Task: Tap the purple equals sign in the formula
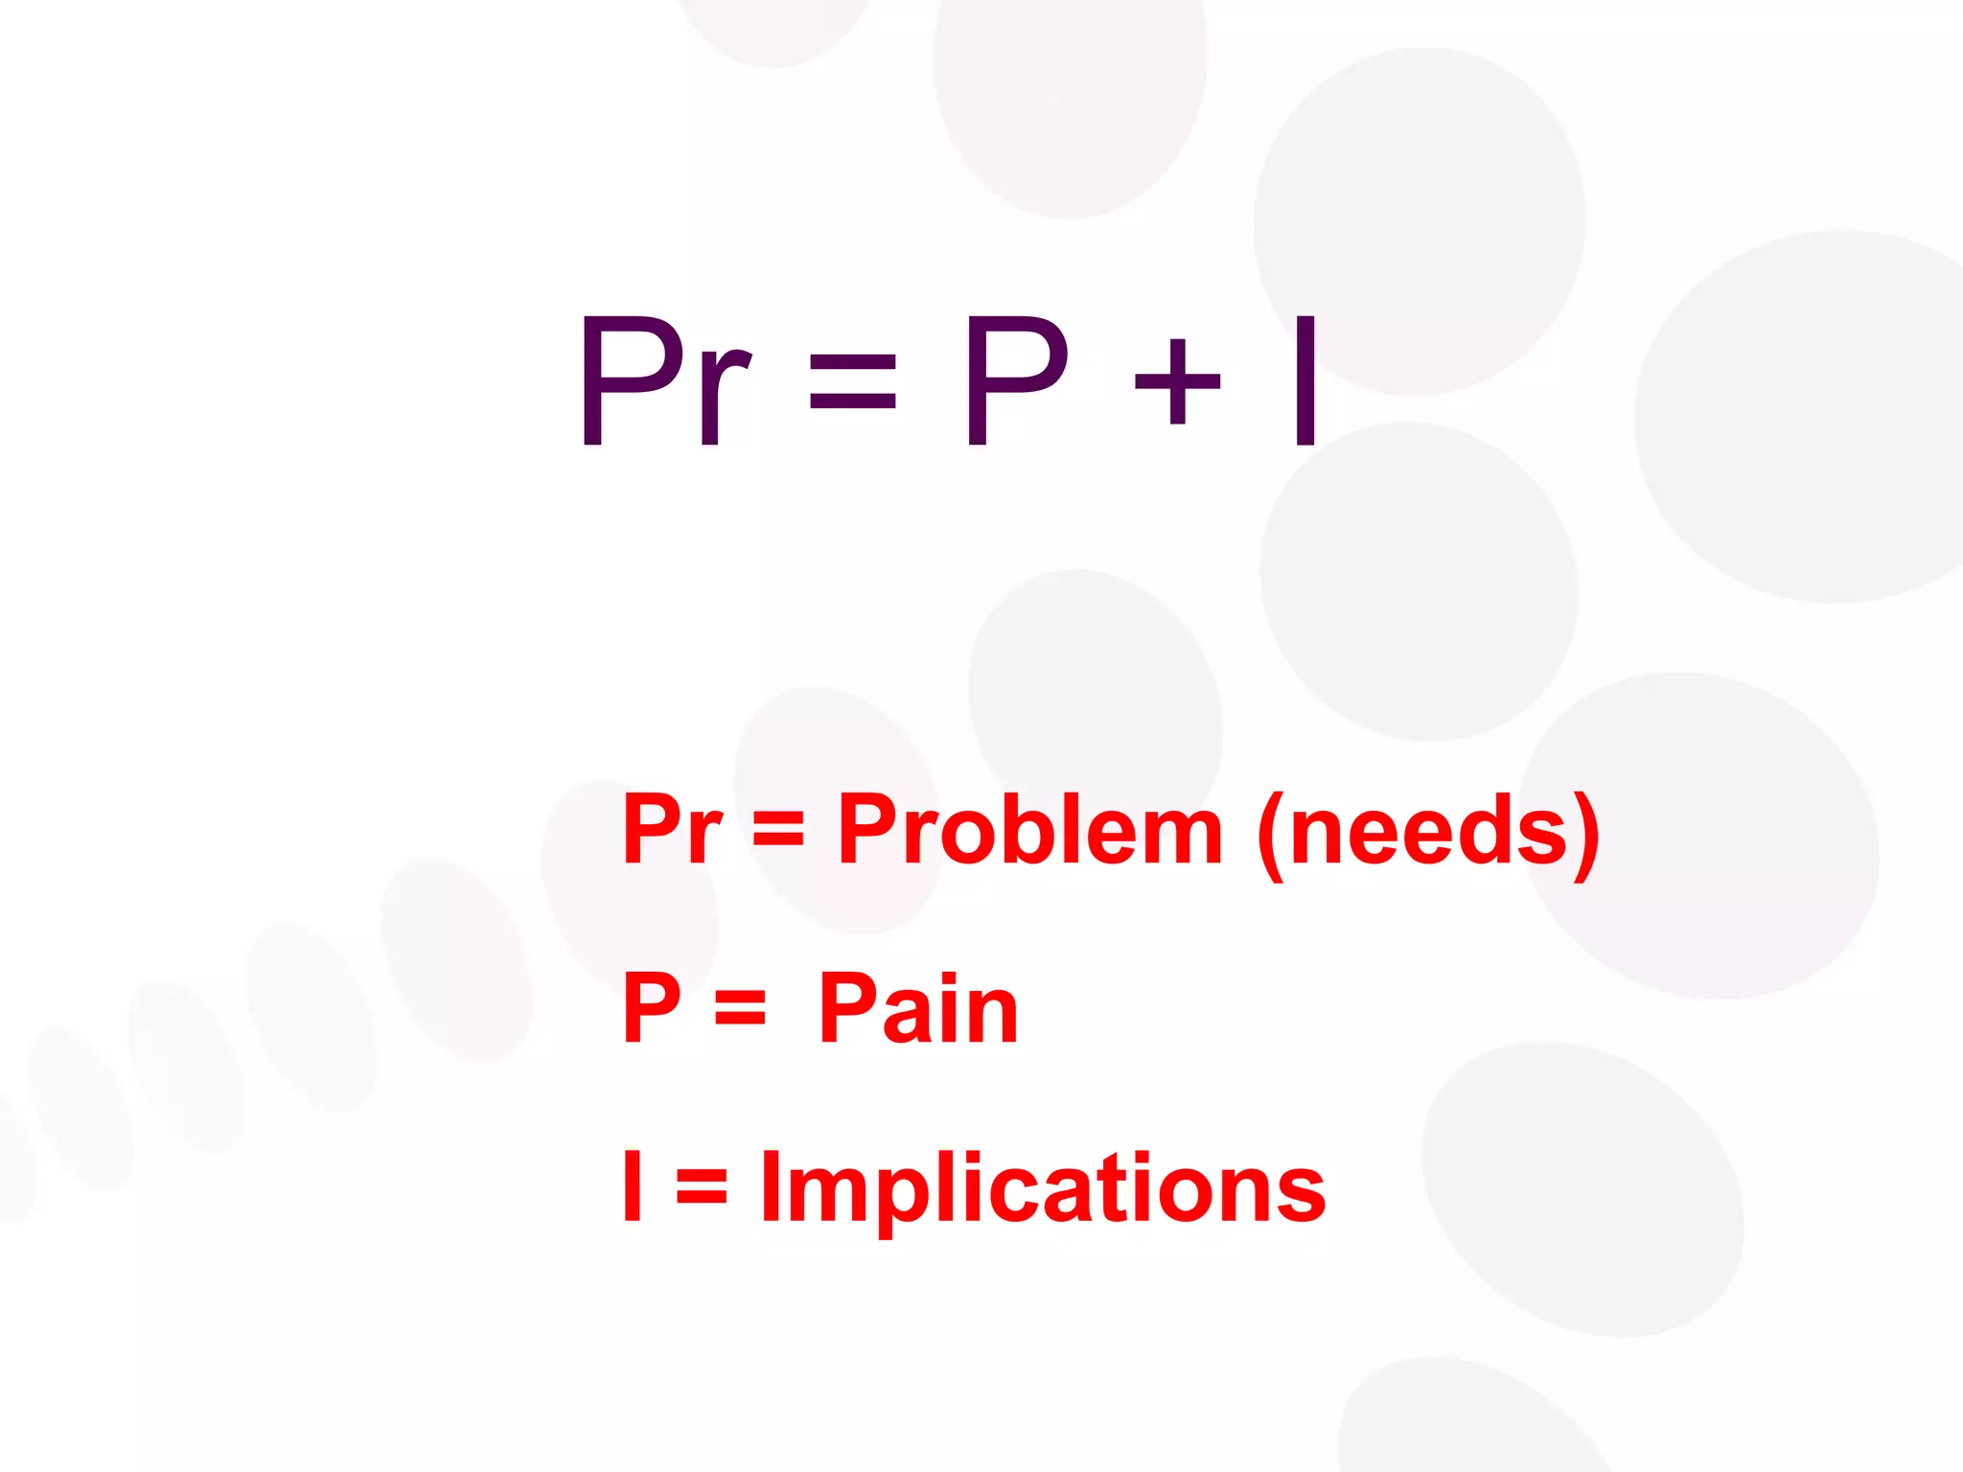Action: tap(852, 381)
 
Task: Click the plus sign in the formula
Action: tap(1177, 381)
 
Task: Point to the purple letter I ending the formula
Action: tap(1305, 381)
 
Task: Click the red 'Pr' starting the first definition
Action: tap(672, 829)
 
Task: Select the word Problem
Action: tap(1029, 829)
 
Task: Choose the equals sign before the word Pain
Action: tap(740, 1008)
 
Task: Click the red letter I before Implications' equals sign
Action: tap(632, 1185)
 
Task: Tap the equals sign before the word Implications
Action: tap(702, 1186)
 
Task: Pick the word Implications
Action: tap(1043, 1188)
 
